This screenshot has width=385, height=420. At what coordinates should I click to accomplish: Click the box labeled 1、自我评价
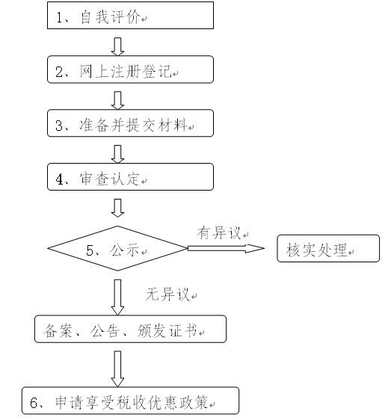pos(130,15)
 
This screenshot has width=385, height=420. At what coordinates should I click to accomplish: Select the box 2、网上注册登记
pos(130,70)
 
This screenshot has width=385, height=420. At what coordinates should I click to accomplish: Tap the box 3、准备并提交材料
pos(130,123)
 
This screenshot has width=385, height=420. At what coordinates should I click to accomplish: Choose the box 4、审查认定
pos(130,177)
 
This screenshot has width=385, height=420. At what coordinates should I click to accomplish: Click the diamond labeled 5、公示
pos(117,248)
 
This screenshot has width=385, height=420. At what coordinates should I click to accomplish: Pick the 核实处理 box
pos(328,248)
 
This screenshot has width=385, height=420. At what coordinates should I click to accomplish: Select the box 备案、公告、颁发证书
pos(130,329)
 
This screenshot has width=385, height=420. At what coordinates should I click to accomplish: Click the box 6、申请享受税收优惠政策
pos(130,401)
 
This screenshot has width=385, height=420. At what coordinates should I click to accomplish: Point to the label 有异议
pos(219,232)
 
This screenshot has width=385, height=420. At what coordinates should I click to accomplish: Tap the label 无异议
pos(167,294)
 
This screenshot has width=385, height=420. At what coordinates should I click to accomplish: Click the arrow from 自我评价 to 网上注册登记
pos(117,46)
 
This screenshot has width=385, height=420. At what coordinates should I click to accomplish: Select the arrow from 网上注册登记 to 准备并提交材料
pos(117,100)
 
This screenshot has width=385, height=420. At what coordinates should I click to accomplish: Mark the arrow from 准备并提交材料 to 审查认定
pos(117,154)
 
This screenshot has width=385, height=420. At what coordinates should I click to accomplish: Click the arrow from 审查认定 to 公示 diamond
pos(117,208)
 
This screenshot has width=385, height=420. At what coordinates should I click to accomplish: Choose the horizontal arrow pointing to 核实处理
pos(226,248)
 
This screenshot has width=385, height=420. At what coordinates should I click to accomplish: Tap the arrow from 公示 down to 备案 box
pos(117,297)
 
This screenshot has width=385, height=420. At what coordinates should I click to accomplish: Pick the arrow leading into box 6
pos(117,369)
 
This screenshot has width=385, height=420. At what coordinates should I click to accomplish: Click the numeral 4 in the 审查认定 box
pos(59,179)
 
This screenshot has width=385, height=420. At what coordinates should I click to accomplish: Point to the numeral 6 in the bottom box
pos(34,403)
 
